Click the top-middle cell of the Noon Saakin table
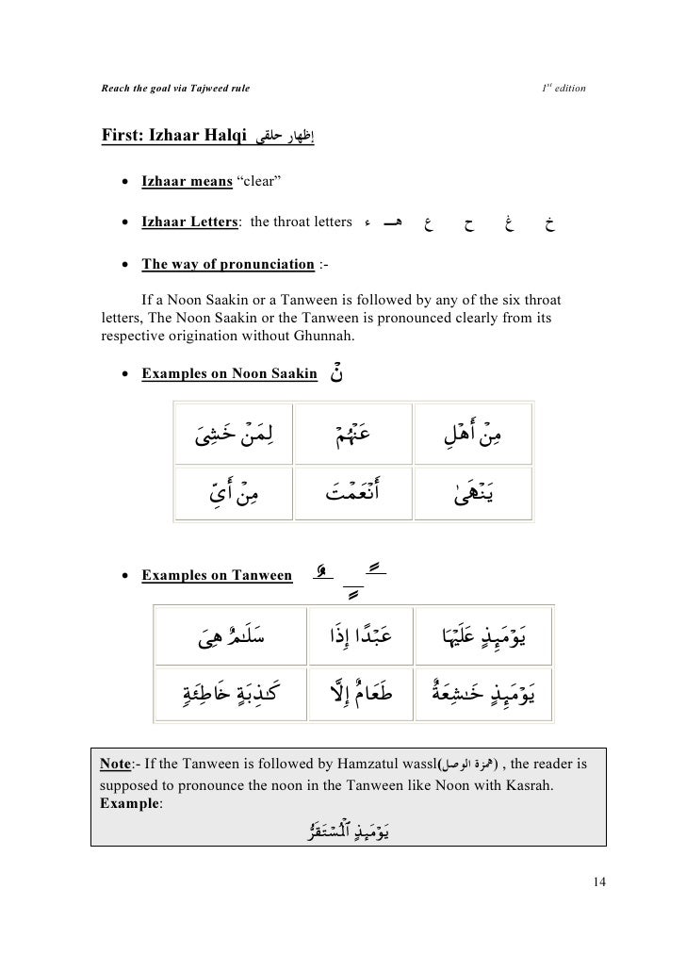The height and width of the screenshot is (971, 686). (x=353, y=434)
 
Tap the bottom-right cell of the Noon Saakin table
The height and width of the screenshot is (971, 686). (x=474, y=490)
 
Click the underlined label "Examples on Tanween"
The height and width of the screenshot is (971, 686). (x=216, y=576)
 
